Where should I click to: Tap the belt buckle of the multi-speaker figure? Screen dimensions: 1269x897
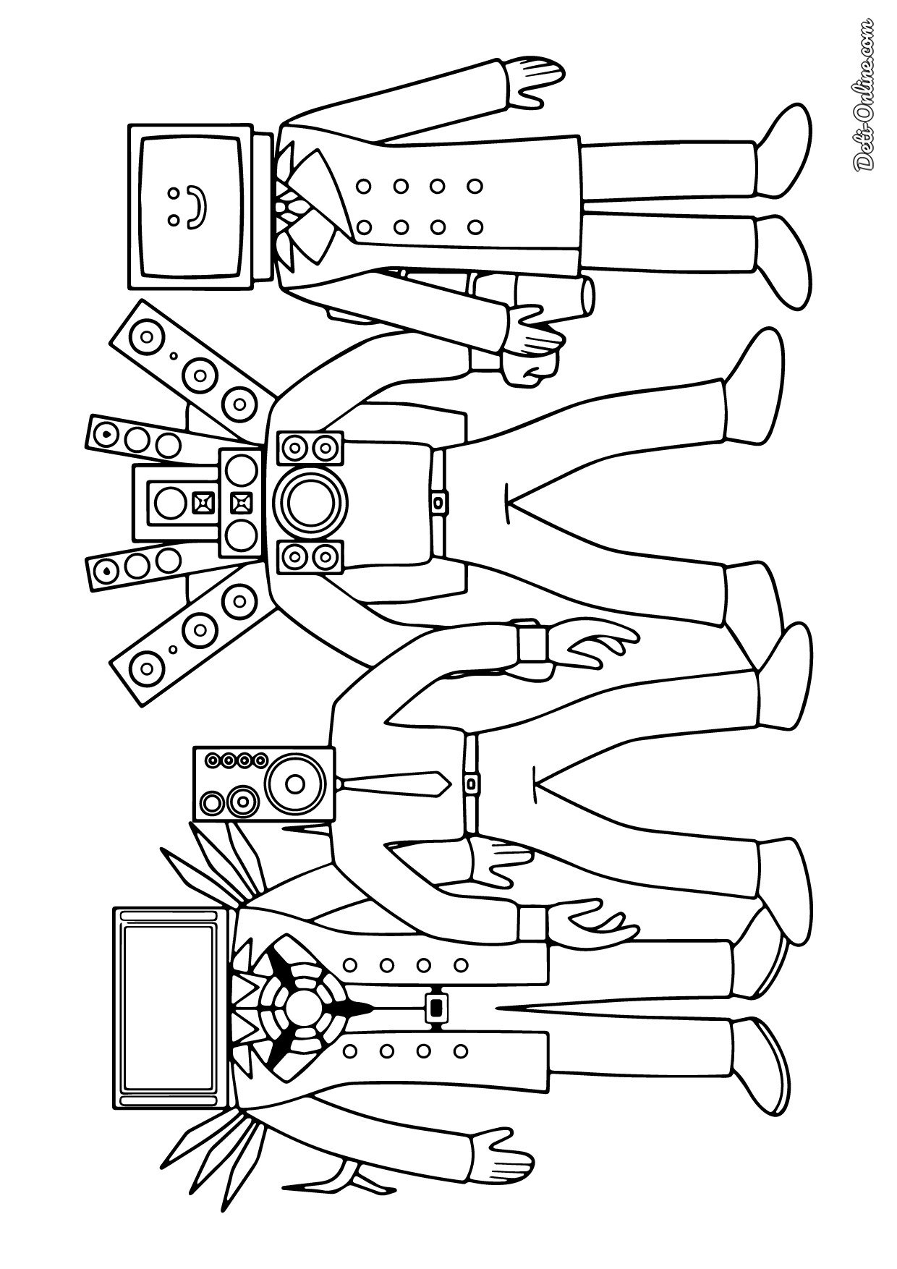click(x=438, y=500)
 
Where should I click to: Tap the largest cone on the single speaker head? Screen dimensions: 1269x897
click(x=293, y=781)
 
